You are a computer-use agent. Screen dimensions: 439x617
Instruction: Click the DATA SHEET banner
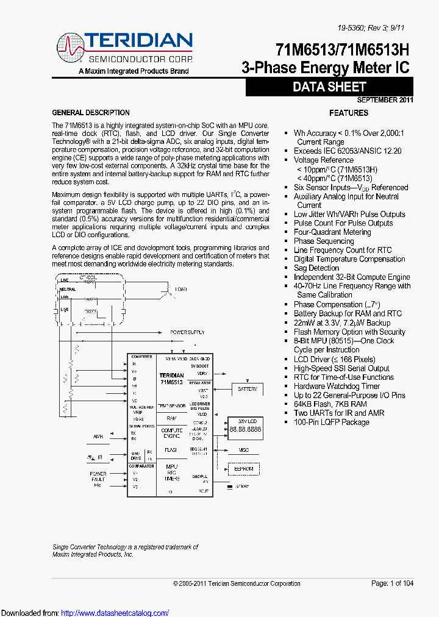pyautogui.click(x=329, y=87)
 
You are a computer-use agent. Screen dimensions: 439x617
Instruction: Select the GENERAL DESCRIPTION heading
pyautogui.click(x=91, y=113)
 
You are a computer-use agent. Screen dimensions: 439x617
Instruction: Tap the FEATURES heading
pyautogui.click(x=349, y=113)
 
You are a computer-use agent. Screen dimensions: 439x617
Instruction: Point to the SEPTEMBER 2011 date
pyautogui.click(x=385, y=100)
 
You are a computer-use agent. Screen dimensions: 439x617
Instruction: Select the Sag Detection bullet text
pyautogui.click(x=316, y=268)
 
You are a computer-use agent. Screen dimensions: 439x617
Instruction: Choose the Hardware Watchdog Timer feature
pyautogui.click(x=337, y=386)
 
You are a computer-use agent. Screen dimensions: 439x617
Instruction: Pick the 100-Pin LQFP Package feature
pyautogui.click(x=332, y=422)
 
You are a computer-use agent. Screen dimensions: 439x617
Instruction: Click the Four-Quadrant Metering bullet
pyautogui.click(x=332, y=232)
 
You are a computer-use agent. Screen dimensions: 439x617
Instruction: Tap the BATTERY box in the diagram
pyautogui.click(x=247, y=388)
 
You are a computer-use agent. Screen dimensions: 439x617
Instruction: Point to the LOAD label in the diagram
pyautogui.click(x=181, y=289)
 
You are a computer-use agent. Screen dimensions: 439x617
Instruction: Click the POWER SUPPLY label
pyautogui.click(x=187, y=332)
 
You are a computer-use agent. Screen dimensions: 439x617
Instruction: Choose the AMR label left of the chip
pyautogui.click(x=98, y=437)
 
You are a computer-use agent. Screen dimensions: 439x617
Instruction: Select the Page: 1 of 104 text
pyautogui.click(x=392, y=583)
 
